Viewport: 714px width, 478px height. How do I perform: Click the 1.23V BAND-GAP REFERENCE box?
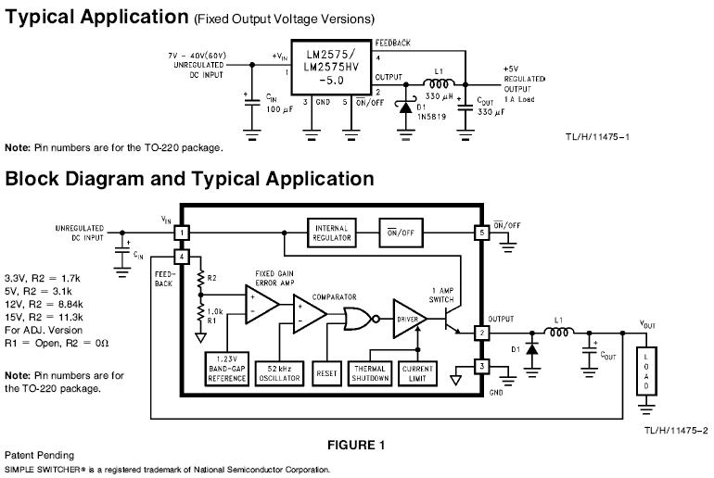click(x=227, y=368)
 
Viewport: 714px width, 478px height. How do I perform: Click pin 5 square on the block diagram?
click(x=480, y=233)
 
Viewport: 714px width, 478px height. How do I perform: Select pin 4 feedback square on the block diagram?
click(x=183, y=257)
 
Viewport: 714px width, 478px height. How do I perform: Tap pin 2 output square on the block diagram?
click(x=480, y=333)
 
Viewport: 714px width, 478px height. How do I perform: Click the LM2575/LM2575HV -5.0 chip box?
click(x=331, y=67)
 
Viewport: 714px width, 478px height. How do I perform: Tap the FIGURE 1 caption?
click(x=356, y=445)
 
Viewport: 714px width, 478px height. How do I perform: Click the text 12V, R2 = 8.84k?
click(x=45, y=303)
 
